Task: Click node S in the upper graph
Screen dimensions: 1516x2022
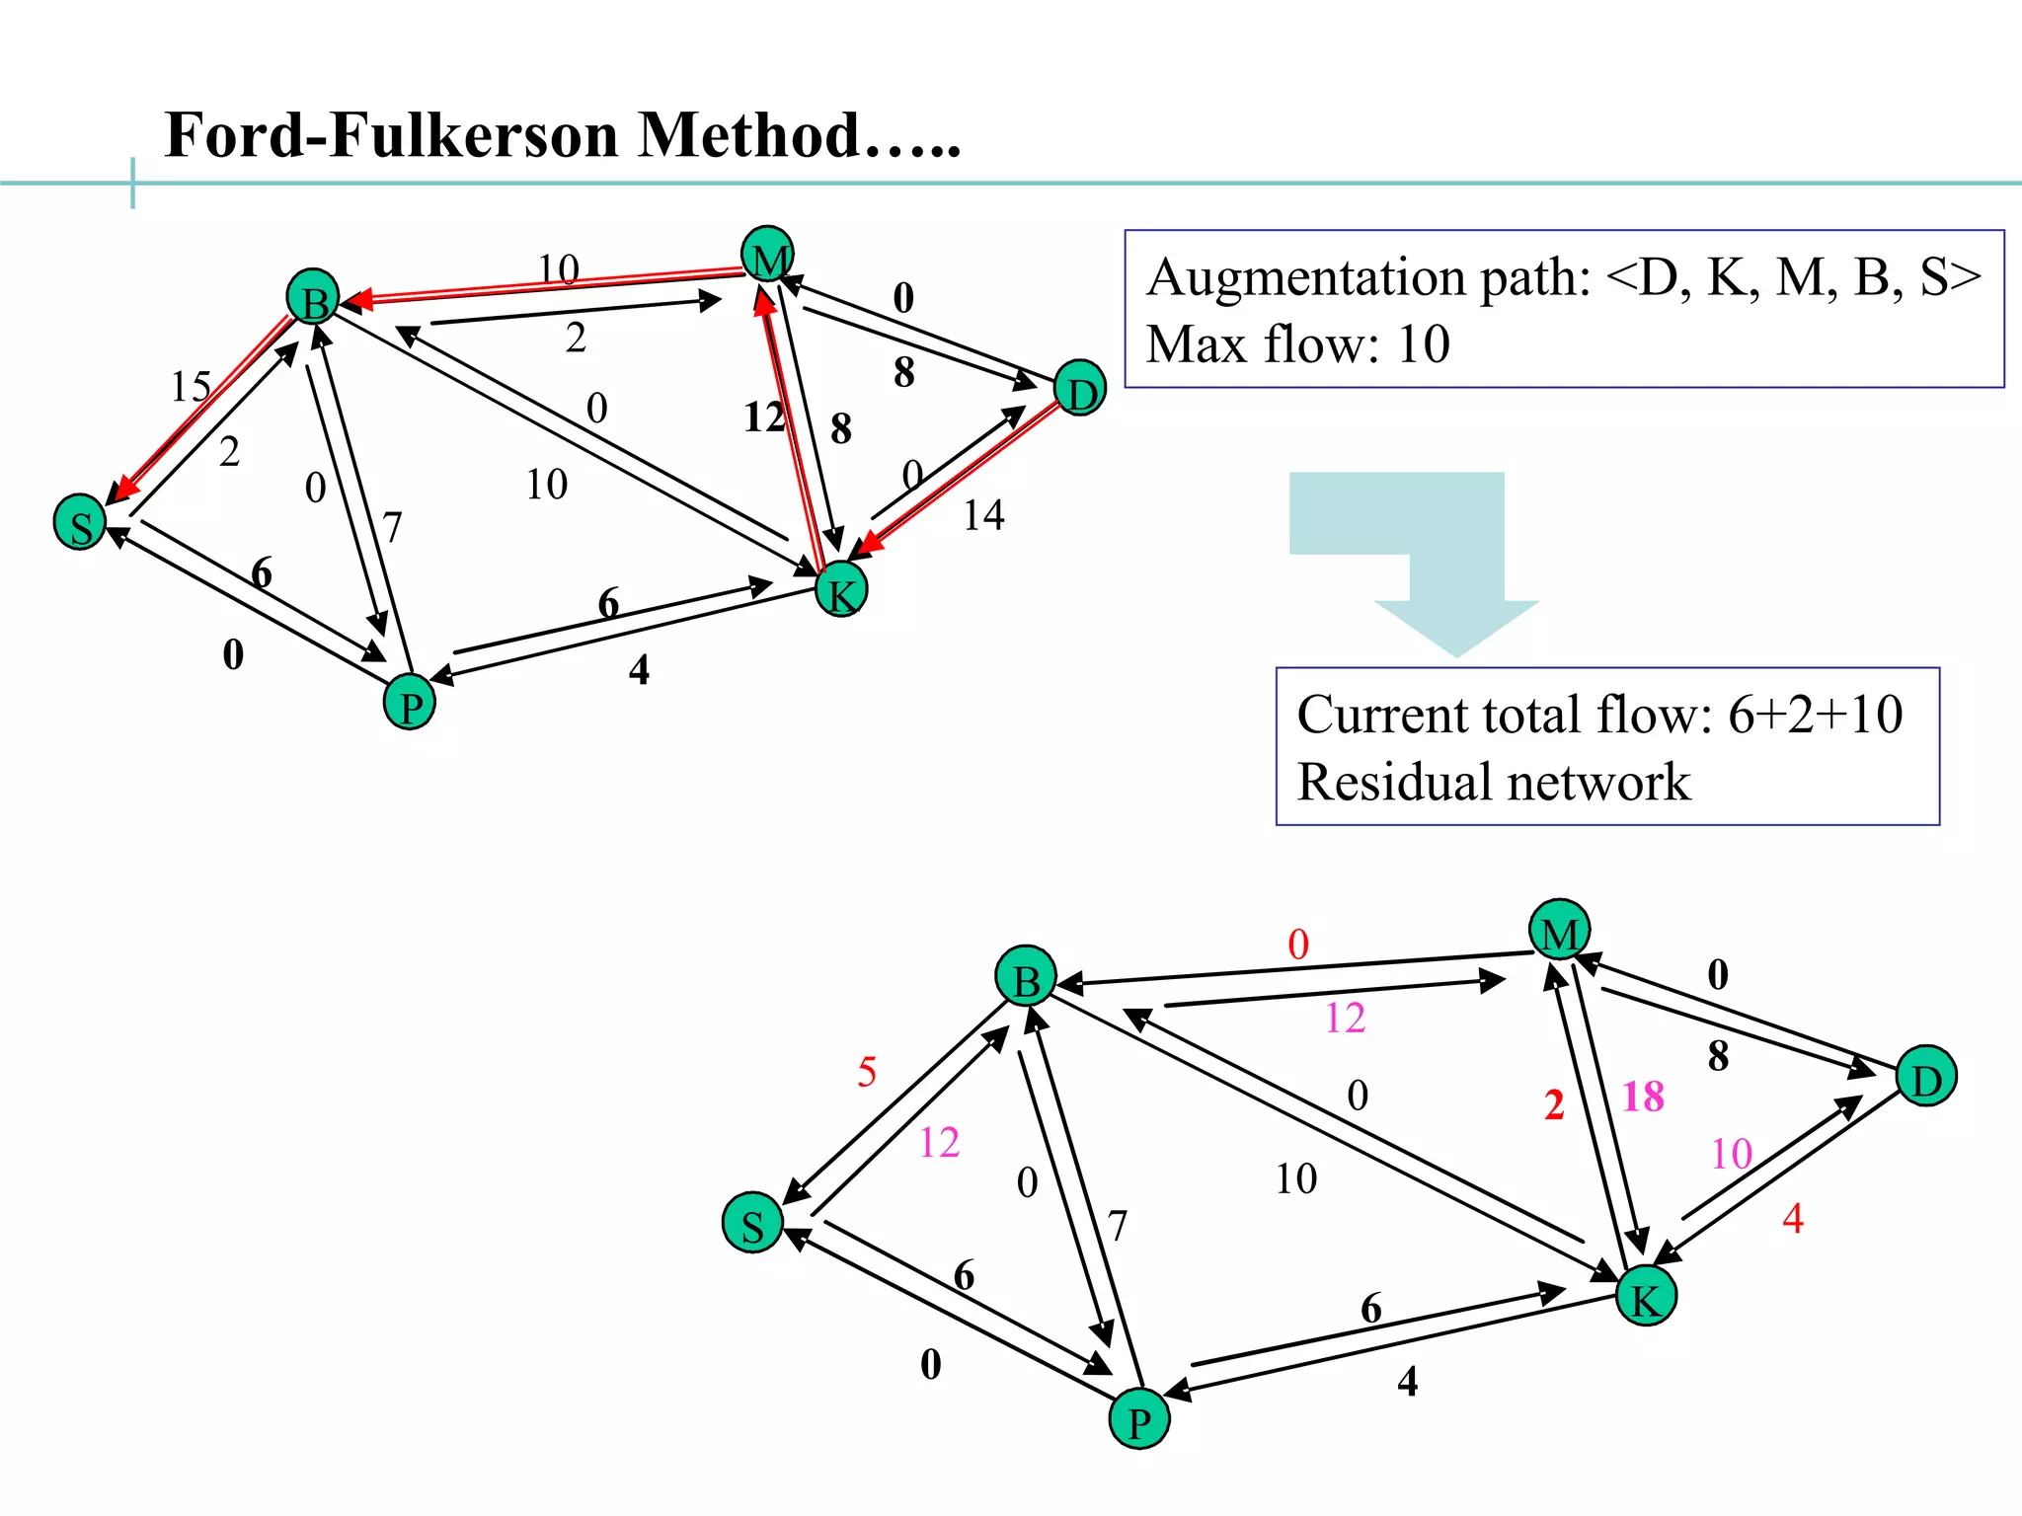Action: pyautogui.click(x=80, y=523)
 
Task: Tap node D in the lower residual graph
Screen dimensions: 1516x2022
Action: pyautogui.click(x=1926, y=1078)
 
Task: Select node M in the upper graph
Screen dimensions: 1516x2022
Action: pyautogui.click(x=768, y=256)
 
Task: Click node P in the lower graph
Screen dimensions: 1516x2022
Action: pyautogui.click(x=1139, y=1420)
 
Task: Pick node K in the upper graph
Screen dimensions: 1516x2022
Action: pyautogui.click(x=841, y=590)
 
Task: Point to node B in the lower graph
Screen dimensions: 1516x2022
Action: pyautogui.click(x=1026, y=977)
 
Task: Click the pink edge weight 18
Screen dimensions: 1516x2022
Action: pyautogui.click(x=1643, y=1097)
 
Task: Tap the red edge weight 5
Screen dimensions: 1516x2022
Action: pyautogui.click(x=867, y=1072)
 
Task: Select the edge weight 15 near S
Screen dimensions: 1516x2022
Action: pyautogui.click(x=191, y=386)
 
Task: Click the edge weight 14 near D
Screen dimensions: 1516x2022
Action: pyautogui.click(x=983, y=515)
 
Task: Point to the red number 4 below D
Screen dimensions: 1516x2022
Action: pyautogui.click(x=1793, y=1219)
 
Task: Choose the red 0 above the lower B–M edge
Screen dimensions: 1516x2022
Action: pyautogui.click(x=1298, y=945)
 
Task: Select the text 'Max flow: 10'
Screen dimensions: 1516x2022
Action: pyautogui.click(x=1297, y=344)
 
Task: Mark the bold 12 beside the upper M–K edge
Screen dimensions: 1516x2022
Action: pyautogui.click(x=763, y=417)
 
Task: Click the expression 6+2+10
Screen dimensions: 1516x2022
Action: pyautogui.click(x=1815, y=715)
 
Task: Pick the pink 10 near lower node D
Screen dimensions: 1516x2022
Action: pyautogui.click(x=1732, y=1154)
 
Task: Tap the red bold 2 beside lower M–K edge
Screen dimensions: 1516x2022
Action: pyautogui.click(x=1554, y=1104)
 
